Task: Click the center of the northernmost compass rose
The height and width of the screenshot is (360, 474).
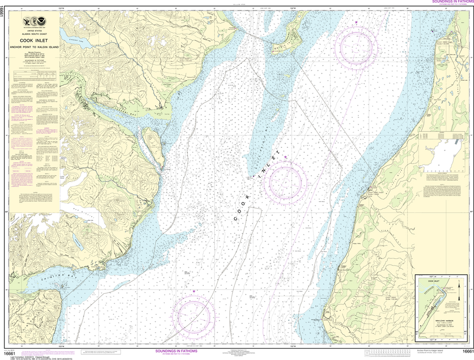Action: pos(356,46)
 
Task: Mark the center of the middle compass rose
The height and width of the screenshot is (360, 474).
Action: pos(286,182)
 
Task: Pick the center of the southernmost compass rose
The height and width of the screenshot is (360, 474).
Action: pos(193,316)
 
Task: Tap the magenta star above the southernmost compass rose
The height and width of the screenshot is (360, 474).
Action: pos(193,291)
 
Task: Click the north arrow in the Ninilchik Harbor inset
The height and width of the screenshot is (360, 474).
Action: pos(459,286)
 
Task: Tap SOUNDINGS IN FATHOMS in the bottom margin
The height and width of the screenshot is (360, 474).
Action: pos(176,351)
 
